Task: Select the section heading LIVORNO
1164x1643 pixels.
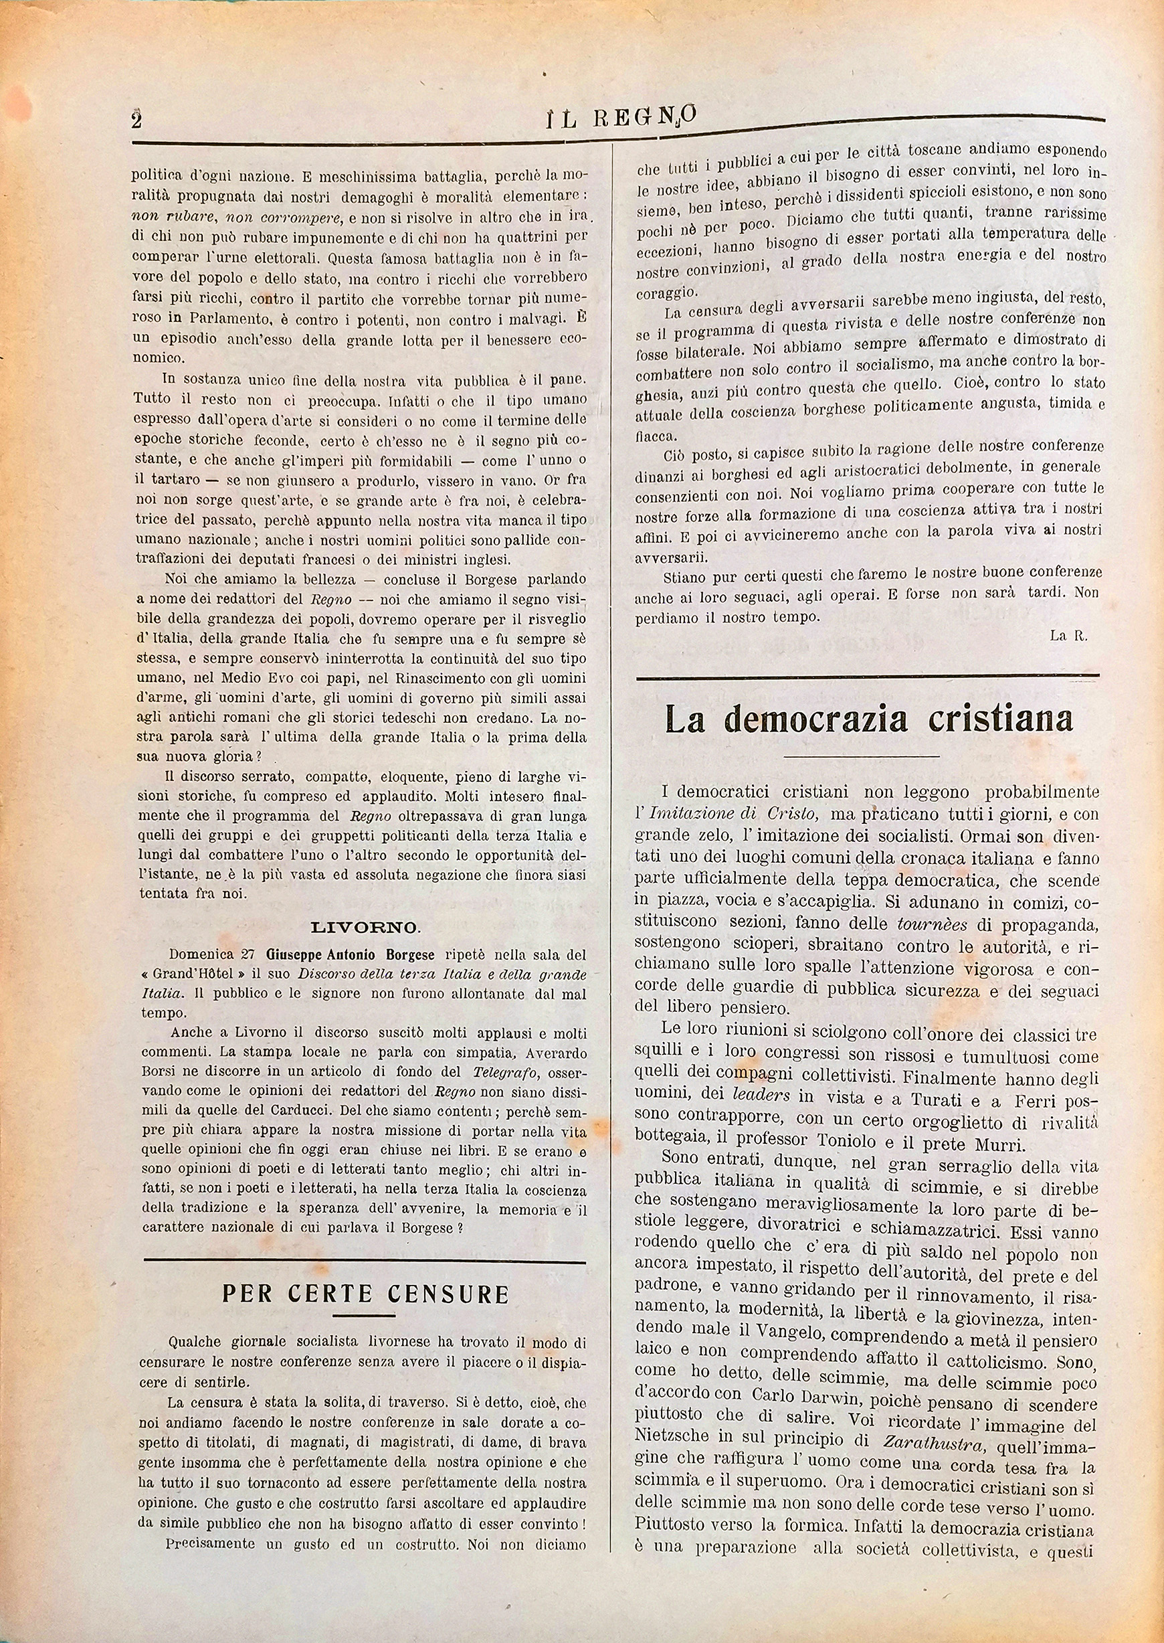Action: [365, 927]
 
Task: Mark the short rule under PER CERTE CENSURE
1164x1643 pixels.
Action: [364, 1314]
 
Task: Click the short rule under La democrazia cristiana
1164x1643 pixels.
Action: [862, 756]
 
